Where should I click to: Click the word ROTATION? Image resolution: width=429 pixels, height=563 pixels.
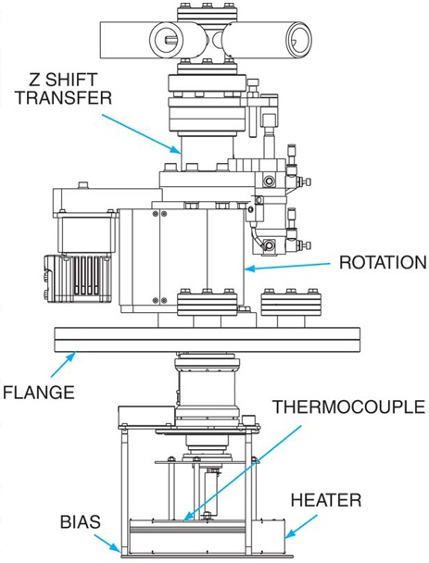383,262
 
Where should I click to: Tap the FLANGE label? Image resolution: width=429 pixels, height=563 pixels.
39,392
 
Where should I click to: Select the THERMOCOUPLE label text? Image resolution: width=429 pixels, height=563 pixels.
349,407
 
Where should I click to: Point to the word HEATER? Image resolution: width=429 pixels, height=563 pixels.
326,500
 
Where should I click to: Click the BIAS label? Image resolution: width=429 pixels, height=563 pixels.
81,522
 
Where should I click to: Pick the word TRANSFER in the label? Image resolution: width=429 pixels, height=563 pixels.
64,97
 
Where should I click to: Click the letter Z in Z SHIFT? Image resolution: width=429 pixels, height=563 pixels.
34,80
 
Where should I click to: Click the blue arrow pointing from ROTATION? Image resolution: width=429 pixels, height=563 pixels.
287,267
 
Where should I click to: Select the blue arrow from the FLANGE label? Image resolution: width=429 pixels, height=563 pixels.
63,364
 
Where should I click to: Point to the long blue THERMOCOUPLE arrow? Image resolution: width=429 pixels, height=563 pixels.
242,474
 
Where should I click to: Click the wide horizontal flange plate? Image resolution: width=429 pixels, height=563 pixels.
207,339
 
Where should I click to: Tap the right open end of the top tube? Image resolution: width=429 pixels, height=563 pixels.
298,39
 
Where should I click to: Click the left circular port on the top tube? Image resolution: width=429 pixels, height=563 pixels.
167,39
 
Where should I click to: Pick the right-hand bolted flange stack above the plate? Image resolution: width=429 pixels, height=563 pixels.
291,302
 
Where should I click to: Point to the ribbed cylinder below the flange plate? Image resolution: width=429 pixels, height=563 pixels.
207,391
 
